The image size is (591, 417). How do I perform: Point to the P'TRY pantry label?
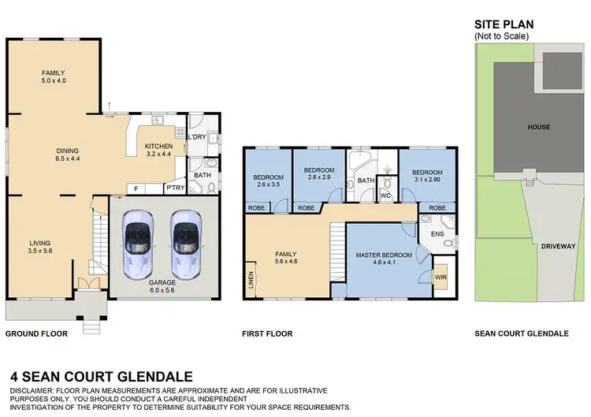175,188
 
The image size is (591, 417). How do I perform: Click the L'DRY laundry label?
197,137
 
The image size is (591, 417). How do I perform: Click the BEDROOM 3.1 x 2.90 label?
426,175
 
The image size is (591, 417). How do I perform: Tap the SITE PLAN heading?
502,25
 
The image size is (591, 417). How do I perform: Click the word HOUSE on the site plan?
539,127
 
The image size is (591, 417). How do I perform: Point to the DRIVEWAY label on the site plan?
558,246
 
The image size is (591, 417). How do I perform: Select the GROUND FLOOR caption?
36,333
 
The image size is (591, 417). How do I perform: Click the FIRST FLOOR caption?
267,333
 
